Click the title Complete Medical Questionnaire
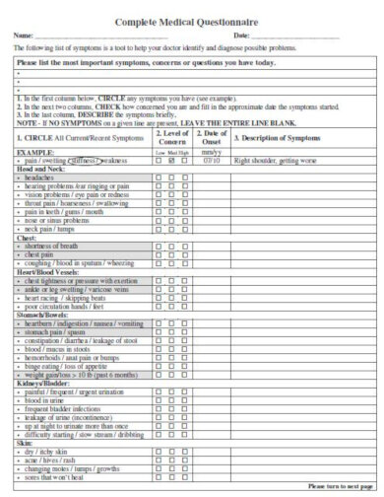coord(191,21)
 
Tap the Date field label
coord(242,36)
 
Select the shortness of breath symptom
coord(50,246)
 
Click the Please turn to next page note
coord(339,486)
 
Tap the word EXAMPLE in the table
coord(34,153)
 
